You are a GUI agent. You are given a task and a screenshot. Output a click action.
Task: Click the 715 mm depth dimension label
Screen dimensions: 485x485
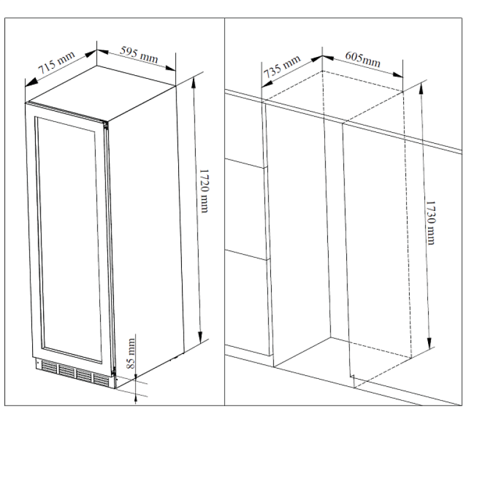coord(56,62)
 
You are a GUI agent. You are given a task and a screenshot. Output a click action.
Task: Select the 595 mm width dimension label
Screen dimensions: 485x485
coord(139,55)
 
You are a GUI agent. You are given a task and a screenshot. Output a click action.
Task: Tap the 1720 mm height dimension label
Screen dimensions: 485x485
coord(204,191)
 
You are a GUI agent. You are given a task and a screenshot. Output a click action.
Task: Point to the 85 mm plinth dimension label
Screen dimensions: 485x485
coord(131,353)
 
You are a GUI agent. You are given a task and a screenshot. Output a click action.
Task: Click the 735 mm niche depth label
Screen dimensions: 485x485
coord(282,67)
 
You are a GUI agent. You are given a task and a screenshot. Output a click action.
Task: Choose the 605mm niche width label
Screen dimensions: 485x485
coord(363,59)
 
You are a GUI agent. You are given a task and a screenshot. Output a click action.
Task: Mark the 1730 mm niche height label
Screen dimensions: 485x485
coord(430,222)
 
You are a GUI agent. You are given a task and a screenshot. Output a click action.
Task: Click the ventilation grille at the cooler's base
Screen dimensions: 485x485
coord(75,373)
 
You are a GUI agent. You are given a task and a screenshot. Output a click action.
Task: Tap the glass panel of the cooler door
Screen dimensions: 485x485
coord(69,239)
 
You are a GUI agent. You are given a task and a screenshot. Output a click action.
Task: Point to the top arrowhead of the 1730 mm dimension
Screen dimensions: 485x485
coord(421,88)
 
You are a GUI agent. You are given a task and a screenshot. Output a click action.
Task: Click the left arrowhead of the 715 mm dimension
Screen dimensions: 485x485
coord(32,82)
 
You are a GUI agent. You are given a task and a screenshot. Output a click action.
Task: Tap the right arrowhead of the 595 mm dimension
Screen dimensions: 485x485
coord(170,68)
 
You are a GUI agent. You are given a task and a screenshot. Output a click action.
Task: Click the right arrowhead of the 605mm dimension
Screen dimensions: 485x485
coord(398,75)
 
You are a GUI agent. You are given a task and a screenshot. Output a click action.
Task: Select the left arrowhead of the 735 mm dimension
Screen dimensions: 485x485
coord(267,84)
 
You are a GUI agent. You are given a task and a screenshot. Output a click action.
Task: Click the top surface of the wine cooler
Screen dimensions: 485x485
coord(101,93)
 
